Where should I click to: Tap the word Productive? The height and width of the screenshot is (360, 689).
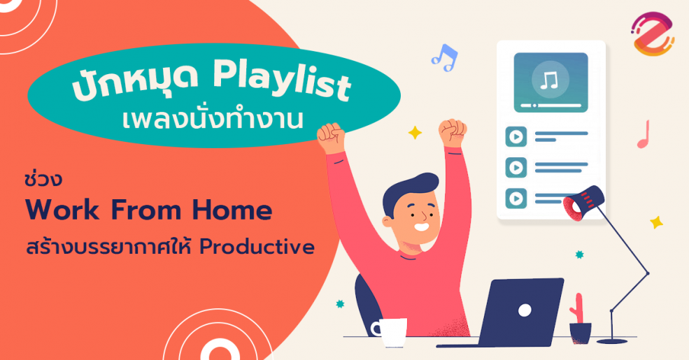[257, 247]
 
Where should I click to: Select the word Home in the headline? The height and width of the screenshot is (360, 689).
[232, 210]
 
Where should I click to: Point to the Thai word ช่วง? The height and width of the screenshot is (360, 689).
[43, 179]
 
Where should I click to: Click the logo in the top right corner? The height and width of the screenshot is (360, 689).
[653, 34]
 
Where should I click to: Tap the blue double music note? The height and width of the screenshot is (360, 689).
[444, 58]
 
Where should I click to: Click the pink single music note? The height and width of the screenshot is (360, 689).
[644, 134]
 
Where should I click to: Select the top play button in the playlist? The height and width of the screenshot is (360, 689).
[516, 136]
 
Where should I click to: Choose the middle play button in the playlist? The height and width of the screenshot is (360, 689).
[516, 167]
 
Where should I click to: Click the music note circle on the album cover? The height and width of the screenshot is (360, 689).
[550, 80]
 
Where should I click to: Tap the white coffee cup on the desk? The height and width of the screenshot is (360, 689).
[390, 331]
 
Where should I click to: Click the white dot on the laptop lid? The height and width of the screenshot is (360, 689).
[525, 311]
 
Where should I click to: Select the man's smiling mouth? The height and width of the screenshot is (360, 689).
[421, 228]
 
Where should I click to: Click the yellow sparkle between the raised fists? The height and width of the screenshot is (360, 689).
[415, 133]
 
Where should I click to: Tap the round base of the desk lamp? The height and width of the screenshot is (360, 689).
[612, 340]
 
